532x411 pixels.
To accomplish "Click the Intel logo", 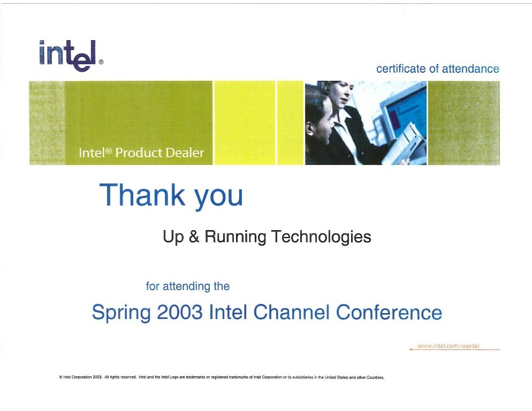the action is point(68,56).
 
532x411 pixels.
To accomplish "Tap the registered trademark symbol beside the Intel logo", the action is point(101,62).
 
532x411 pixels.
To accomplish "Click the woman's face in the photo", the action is point(344,93).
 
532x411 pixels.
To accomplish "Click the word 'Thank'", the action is point(142,195).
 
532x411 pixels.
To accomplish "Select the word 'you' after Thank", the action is point(218,197).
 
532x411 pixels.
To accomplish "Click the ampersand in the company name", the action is point(194,237).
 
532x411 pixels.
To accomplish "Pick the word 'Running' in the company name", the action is point(235,237).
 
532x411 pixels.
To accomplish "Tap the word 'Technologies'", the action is point(321,237).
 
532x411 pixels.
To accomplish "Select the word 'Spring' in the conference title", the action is point(121,313).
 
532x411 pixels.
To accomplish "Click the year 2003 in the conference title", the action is point(180,312).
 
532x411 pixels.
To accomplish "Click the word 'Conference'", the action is point(389,312).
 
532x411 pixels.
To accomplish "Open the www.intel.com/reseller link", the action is point(449,346).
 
